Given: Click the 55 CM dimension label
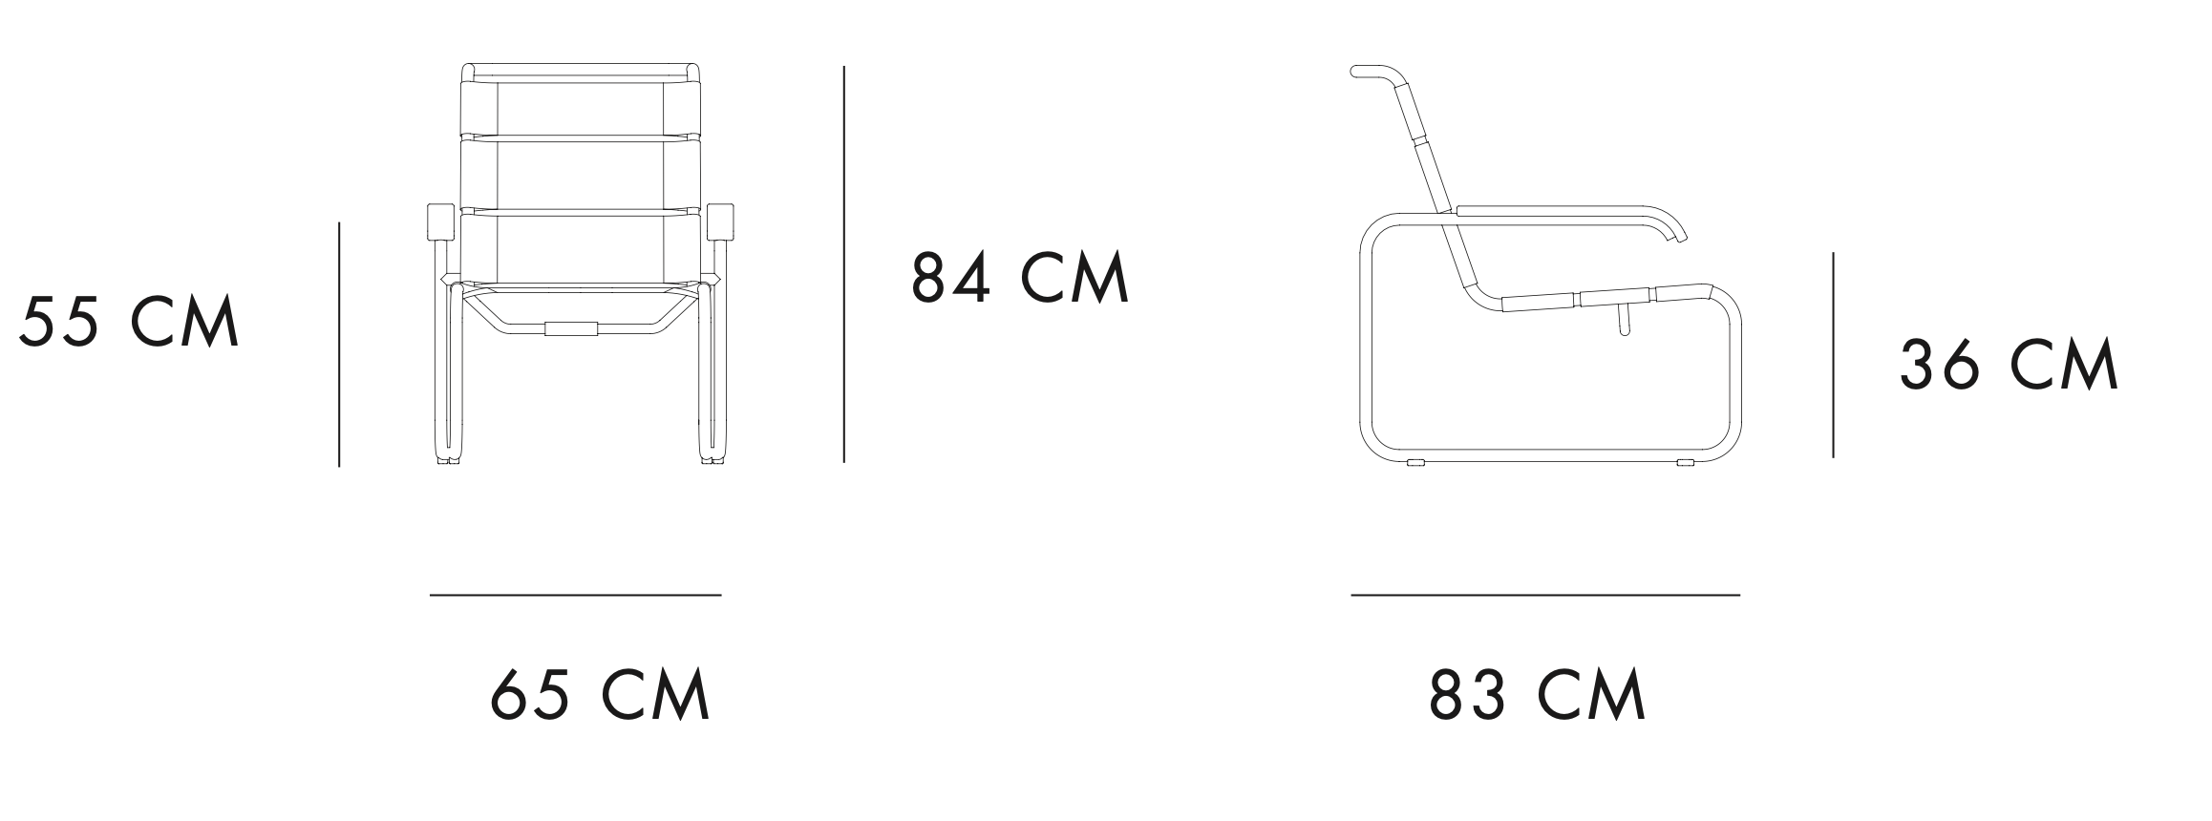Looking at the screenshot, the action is point(129,322).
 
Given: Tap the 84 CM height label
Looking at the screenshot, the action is point(1020,277).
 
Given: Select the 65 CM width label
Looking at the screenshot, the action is point(601,694).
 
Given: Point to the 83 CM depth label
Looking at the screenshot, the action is point(1538,694).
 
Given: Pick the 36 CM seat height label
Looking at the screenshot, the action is point(2009,365).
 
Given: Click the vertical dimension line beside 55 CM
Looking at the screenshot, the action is point(339,345).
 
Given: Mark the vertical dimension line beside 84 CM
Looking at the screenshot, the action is point(843,264).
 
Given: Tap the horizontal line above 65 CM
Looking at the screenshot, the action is point(575,595).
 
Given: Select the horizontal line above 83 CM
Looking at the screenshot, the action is point(1545,595).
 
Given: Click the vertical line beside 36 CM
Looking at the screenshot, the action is point(1833,355).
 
